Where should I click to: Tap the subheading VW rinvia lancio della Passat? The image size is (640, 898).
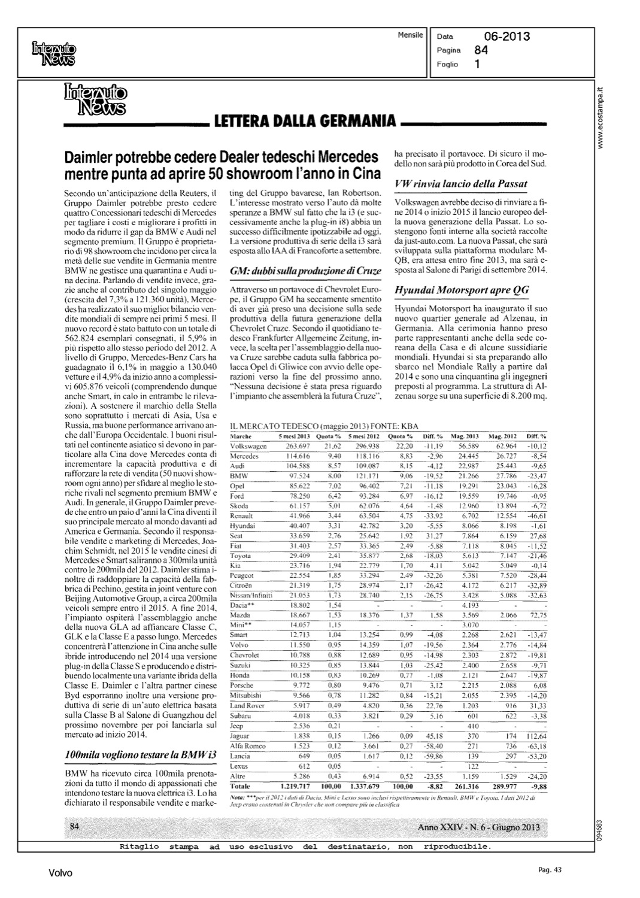coord(460,183)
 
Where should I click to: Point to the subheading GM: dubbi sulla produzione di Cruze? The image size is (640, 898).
coord(305,271)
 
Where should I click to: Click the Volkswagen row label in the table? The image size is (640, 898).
coord(248,446)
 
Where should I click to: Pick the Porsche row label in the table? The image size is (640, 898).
coord(242,685)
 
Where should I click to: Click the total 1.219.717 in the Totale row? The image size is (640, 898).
coord(294,785)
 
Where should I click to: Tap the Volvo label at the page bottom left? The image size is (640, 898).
coord(60,873)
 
